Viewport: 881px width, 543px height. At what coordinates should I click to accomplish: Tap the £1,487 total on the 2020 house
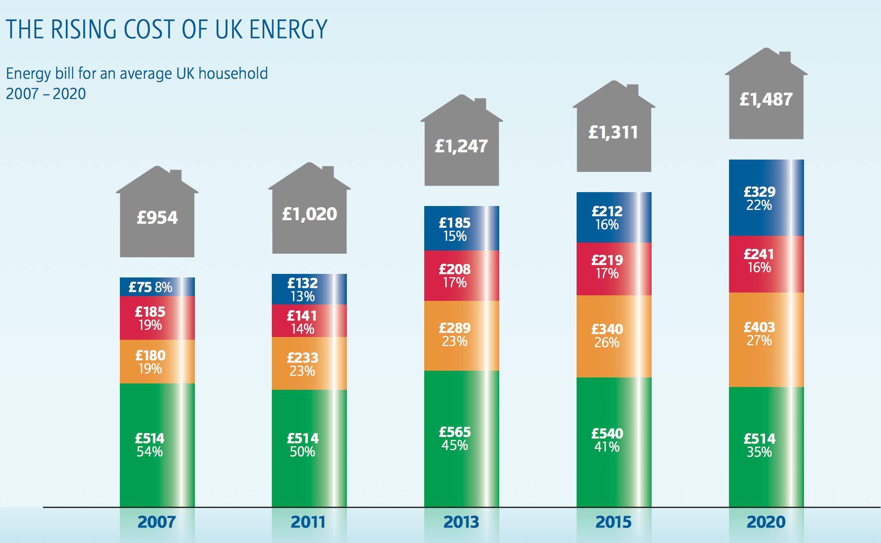pyautogui.click(x=766, y=99)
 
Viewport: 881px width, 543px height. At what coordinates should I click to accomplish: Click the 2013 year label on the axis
pyautogui.click(x=461, y=522)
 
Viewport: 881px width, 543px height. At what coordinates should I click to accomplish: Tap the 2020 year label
pyautogui.click(x=766, y=522)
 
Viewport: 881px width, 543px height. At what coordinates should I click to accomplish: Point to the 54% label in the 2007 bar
pyautogui.click(x=150, y=452)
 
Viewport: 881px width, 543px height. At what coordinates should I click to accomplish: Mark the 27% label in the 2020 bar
pyautogui.click(x=759, y=341)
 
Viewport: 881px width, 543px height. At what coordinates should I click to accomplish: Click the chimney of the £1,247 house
pyautogui.click(x=480, y=104)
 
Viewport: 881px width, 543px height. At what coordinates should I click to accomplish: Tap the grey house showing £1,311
pyautogui.click(x=614, y=133)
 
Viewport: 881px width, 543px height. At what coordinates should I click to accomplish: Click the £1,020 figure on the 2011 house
pyautogui.click(x=309, y=214)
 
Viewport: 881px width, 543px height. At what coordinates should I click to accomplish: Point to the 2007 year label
pyautogui.click(x=157, y=522)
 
